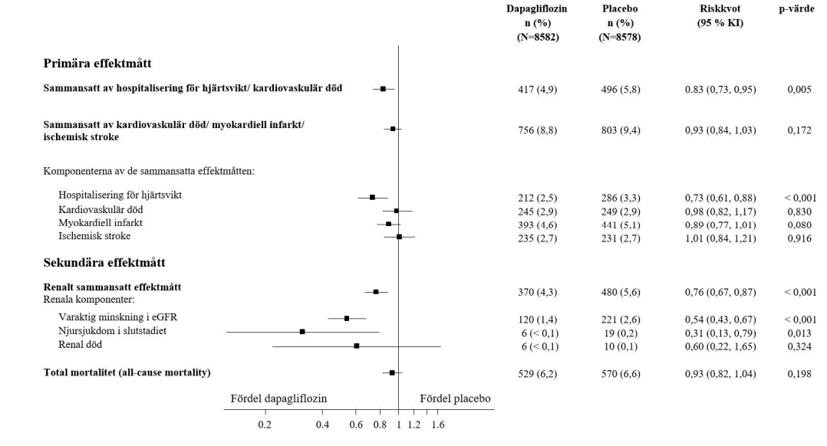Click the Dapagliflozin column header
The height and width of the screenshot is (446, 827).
pos(537,8)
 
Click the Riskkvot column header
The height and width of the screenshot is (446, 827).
pos(720,8)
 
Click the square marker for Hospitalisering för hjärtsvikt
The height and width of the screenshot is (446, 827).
pos(372,197)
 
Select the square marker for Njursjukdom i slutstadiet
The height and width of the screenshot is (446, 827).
pos(302,332)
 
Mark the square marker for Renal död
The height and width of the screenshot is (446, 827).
pos(357,346)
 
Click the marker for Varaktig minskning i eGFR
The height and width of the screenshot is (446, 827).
pos(347,318)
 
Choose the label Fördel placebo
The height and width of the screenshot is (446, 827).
pos(455,398)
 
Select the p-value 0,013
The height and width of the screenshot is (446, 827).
pos(801,332)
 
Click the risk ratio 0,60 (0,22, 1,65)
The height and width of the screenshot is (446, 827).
pos(720,346)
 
